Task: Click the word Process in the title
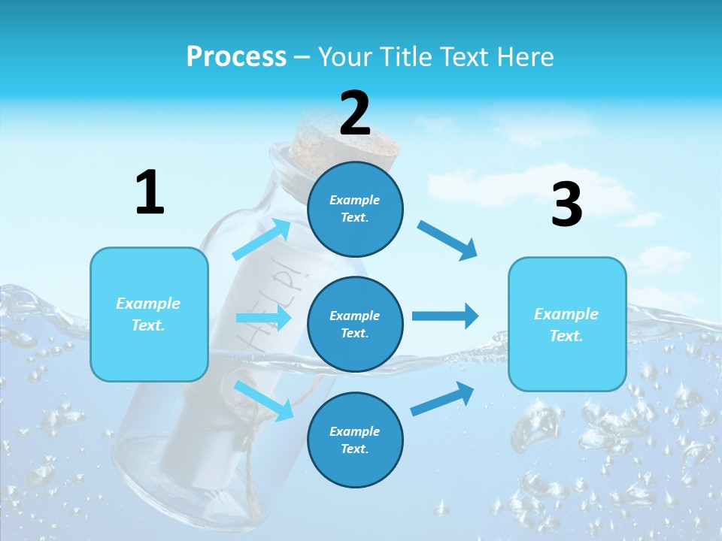[x=236, y=57]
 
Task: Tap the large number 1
[x=150, y=193]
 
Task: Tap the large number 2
[x=355, y=113]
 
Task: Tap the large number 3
[x=566, y=204]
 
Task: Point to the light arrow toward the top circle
[x=262, y=240]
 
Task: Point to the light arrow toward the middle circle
[x=264, y=318]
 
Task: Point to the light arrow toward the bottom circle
[x=264, y=400]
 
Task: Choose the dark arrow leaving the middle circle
[x=444, y=316]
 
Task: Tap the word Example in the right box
[x=566, y=314]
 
